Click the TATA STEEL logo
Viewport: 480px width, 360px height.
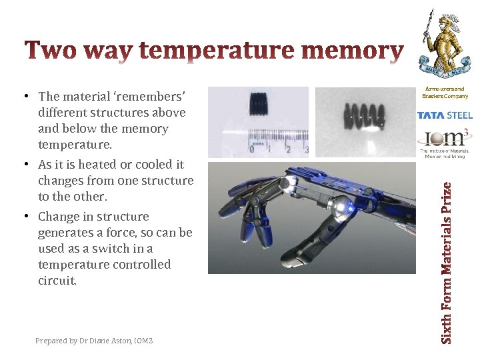445,115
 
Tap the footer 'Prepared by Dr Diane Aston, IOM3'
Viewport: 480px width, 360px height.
94,341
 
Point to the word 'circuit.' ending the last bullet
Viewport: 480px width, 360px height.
57,281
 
